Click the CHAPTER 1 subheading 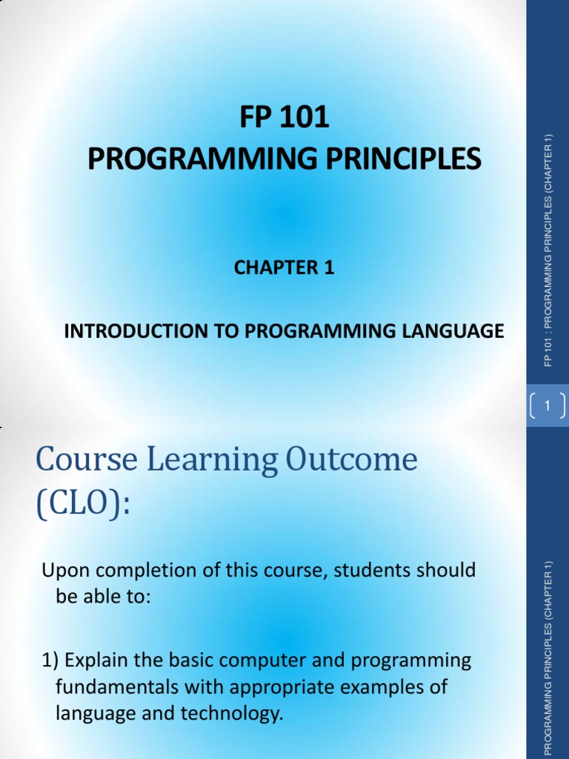click(x=284, y=268)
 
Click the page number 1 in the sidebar click(x=548, y=405)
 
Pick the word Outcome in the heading click(x=350, y=460)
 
